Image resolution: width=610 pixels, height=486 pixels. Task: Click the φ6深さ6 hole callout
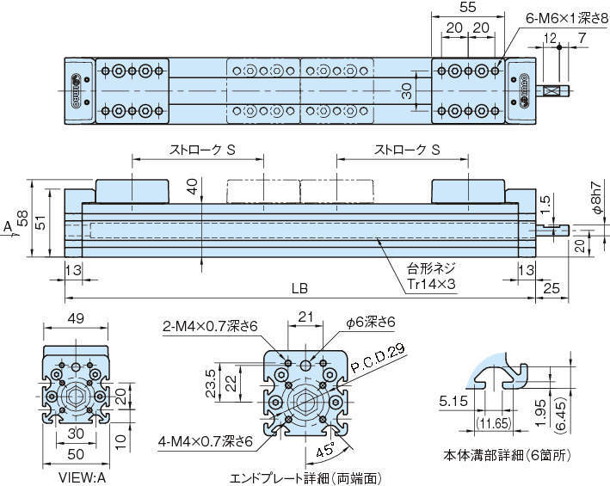coord(371,322)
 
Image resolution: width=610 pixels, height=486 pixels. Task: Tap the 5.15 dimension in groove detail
coord(453,400)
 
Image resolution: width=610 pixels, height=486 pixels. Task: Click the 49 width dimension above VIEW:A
coord(77,317)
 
